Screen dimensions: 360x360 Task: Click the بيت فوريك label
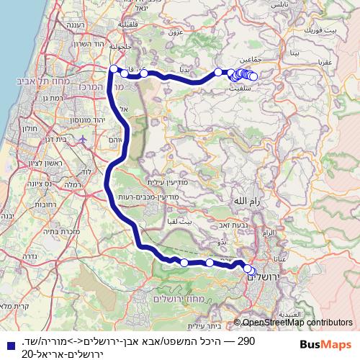(x=320, y=32)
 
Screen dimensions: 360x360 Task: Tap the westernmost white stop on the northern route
(x=112, y=69)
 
